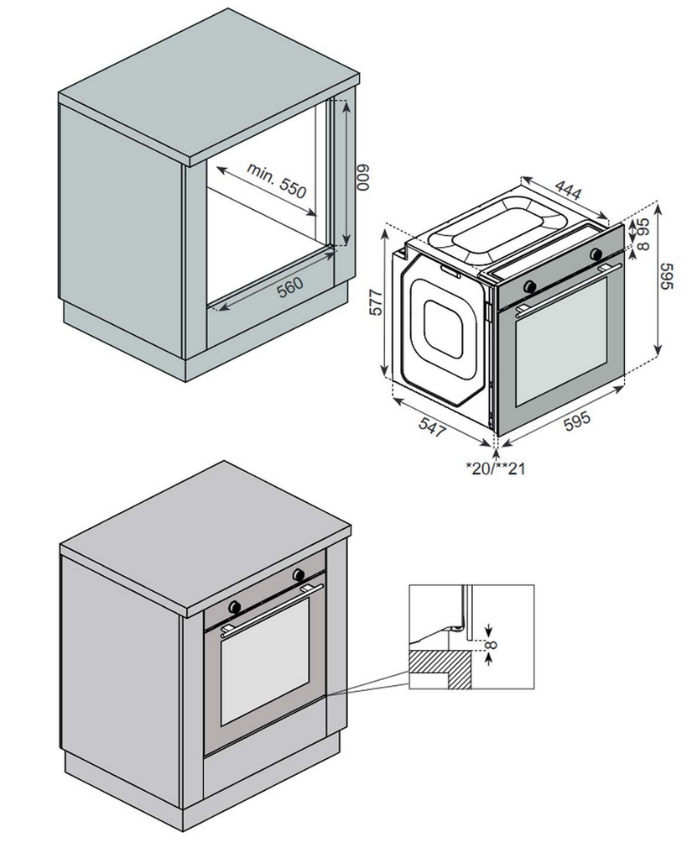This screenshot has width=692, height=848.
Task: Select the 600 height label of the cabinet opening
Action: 362,178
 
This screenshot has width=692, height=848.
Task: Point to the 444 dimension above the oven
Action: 569,191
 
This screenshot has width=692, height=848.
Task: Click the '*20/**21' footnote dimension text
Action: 496,468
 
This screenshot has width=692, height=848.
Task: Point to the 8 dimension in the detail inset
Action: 492,645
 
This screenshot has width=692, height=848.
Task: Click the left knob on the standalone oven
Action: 529,286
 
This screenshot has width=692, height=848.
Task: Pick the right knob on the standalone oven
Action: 596,254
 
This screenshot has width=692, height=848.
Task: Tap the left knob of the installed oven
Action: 236,605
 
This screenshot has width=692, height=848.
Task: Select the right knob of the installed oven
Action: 298,575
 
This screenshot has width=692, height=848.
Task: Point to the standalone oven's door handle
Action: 562,287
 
